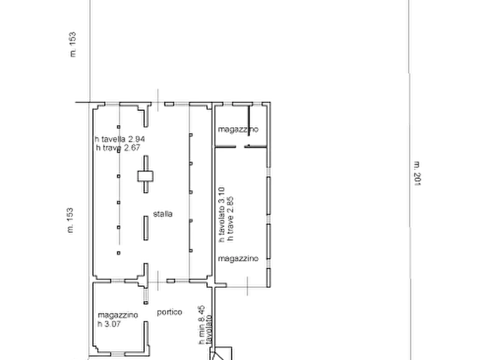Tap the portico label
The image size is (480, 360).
pyautogui.click(x=170, y=312)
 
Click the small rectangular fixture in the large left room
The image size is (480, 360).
pyautogui.click(x=146, y=174)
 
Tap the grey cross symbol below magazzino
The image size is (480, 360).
pyautogui.click(x=246, y=285)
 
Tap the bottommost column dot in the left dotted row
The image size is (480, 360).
pyautogui.click(x=118, y=251)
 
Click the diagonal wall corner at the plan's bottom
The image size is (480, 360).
pyautogui.click(x=220, y=352)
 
